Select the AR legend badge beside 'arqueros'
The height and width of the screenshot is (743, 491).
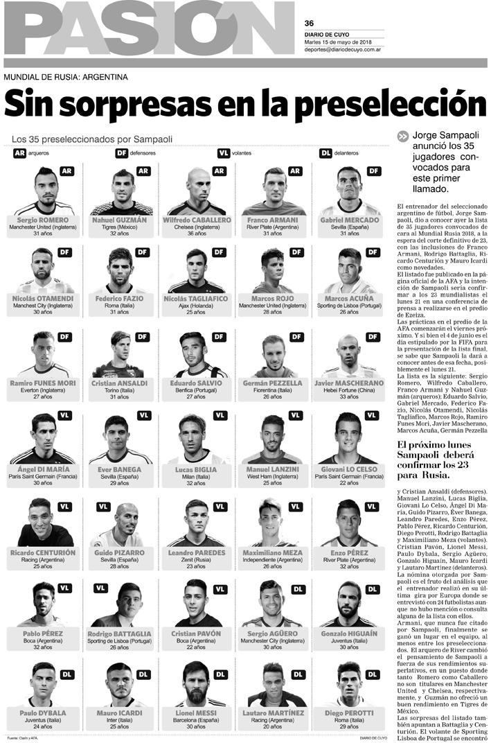pyautogui.click(x=19, y=152)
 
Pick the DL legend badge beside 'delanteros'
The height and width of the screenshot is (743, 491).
pyautogui.click(x=325, y=152)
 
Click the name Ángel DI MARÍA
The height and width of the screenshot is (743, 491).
pyautogui.click(x=43, y=469)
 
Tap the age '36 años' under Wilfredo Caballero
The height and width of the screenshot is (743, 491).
pyautogui.click(x=197, y=234)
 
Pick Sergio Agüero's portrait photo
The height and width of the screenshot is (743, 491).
pyautogui.click(x=273, y=603)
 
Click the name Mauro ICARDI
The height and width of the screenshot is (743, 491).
pyautogui.click(x=119, y=713)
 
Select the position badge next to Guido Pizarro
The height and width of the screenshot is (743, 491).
pyautogui.click(x=102, y=507)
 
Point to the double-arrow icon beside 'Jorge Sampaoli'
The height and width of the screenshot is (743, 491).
pyautogui.click(x=402, y=137)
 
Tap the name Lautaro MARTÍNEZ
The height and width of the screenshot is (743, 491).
pyautogui.click(x=273, y=713)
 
